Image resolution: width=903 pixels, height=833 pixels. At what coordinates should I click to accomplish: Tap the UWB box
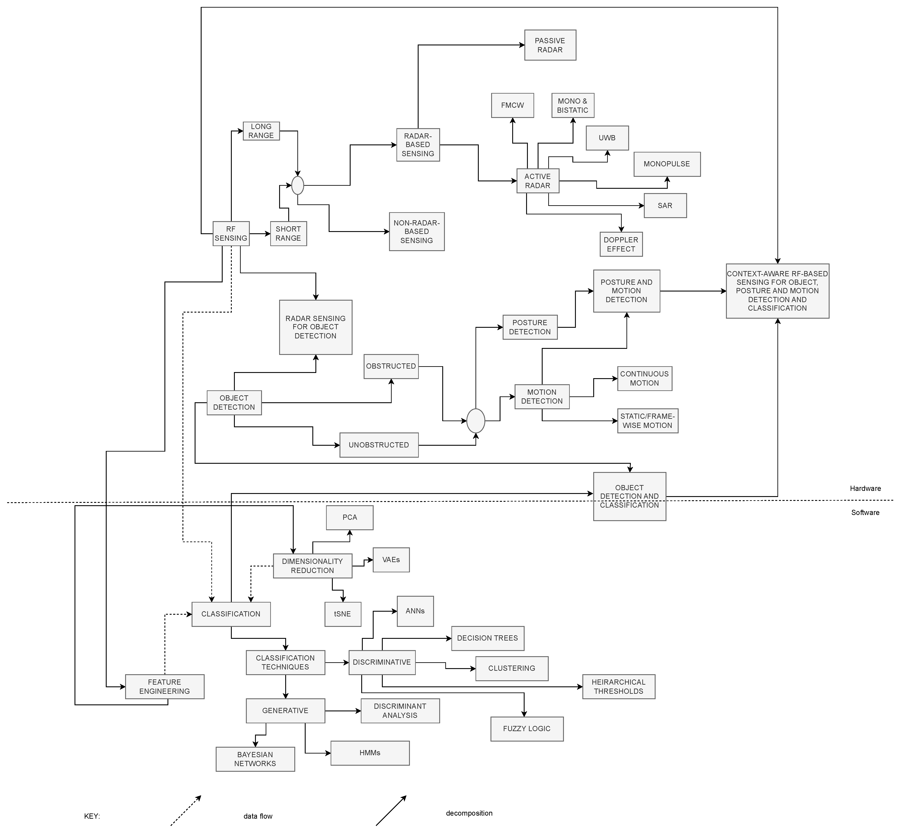607,138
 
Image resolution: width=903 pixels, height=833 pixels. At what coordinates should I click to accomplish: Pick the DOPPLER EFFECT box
621,244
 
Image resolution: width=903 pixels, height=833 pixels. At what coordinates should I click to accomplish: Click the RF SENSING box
231,234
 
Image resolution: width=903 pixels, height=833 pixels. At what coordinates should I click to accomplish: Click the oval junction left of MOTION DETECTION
476,421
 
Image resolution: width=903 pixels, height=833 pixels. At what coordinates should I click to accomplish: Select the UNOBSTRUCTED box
379,445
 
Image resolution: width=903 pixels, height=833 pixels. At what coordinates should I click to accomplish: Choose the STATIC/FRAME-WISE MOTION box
647,421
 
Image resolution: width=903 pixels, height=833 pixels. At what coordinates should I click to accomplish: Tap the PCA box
349,517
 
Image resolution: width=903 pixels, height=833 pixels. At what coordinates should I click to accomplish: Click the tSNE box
343,614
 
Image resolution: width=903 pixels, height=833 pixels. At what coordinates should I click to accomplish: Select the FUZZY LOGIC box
527,729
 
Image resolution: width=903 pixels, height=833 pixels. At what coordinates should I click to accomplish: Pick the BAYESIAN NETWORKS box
255,759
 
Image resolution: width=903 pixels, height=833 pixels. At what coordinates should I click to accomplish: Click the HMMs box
370,753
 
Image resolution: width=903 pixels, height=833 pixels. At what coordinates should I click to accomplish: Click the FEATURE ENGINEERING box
165,687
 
